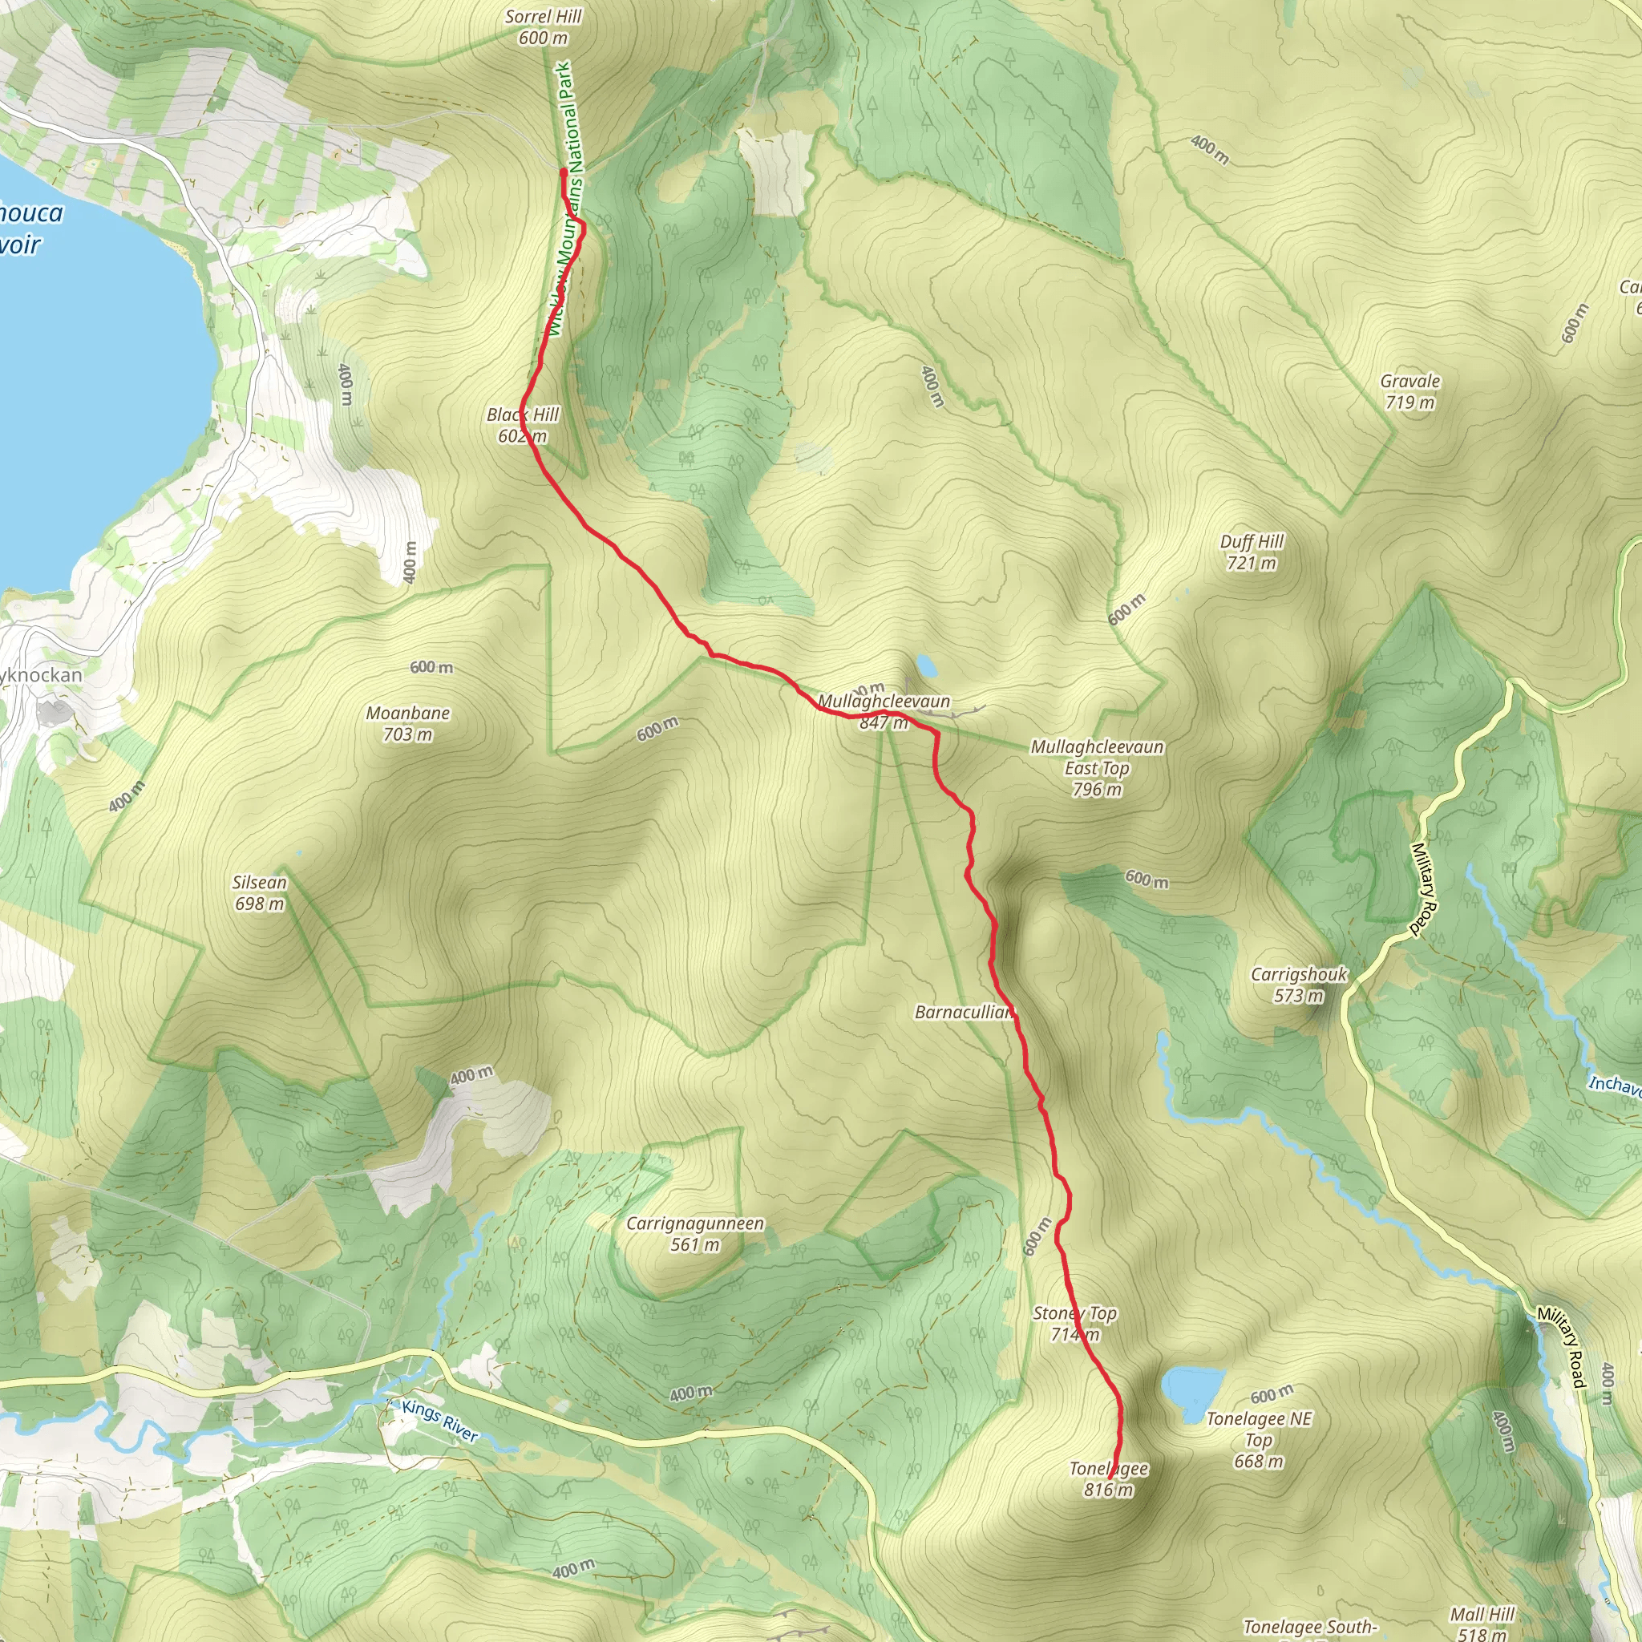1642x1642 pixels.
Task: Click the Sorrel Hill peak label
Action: point(543,27)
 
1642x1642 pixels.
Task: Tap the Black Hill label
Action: point(522,425)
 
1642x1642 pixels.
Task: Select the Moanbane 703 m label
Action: point(408,723)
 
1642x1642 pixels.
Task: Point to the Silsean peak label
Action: point(259,892)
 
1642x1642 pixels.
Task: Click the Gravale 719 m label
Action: point(1410,391)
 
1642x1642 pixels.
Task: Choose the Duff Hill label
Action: point(1252,552)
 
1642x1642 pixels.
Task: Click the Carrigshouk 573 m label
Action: point(1299,985)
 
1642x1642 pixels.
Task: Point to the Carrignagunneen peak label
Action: point(694,1233)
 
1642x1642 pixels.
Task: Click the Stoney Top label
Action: point(1074,1323)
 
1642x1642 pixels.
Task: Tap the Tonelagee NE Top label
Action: point(1259,1440)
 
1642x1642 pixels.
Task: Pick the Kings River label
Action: point(440,1421)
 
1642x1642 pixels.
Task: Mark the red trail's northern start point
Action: point(564,172)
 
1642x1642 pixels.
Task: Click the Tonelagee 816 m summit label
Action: point(1108,1478)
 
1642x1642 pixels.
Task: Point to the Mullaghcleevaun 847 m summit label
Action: point(884,711)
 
